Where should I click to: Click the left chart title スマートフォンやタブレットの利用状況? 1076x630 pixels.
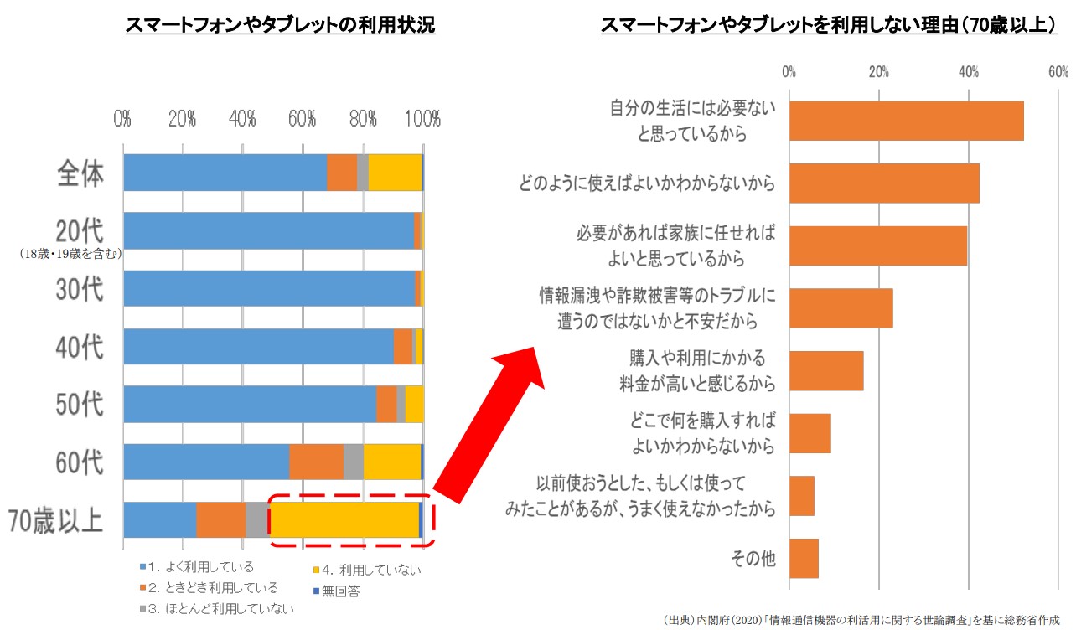point(280,25)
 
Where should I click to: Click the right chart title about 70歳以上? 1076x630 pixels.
point(828,25)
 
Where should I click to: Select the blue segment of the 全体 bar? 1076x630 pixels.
point(225,173)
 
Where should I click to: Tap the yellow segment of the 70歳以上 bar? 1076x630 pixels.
point(344,519)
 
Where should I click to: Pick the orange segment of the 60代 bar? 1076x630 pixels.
point(316,462)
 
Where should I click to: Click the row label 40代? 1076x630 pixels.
point(80,346)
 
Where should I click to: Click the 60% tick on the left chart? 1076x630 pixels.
point(303,119)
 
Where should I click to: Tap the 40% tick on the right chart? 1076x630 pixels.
point(969,72)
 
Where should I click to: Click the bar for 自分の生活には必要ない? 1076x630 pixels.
point(906,121)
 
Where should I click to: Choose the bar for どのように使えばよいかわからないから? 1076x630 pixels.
point(884,183)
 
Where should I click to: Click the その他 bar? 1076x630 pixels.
point(804,558)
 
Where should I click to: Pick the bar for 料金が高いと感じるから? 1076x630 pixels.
point(826,370)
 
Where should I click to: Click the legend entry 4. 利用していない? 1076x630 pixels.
point(370,571)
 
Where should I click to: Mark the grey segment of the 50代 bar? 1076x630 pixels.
point(401,405)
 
